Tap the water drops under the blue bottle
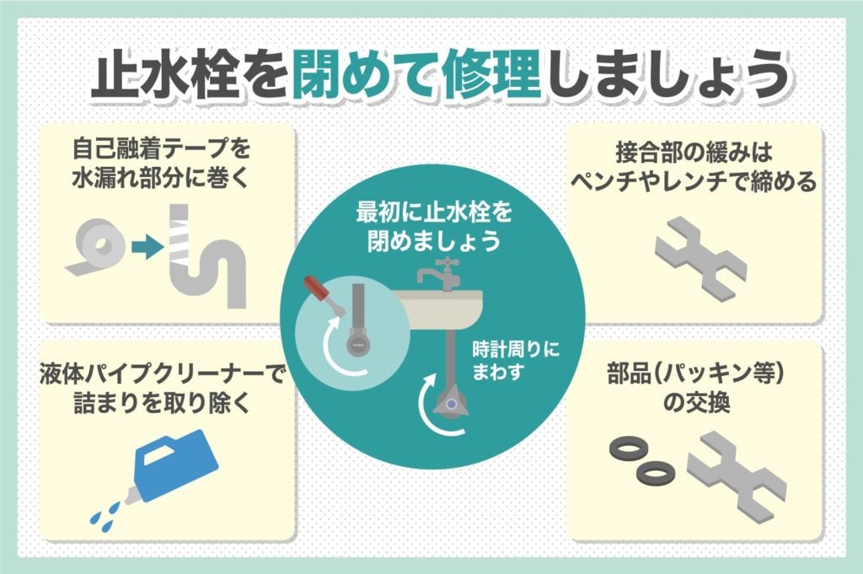coord(105,511)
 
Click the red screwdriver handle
coord(319,287)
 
